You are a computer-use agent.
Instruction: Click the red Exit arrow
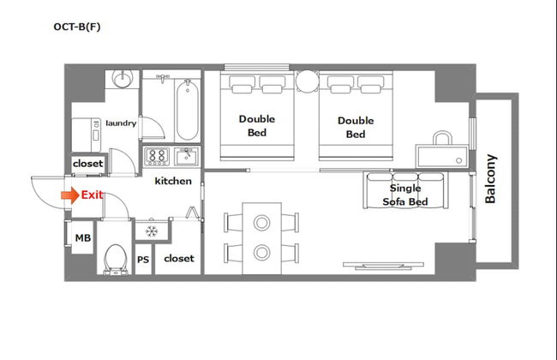(x=70, y=195)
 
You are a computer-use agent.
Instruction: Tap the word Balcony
(x=490, y=179)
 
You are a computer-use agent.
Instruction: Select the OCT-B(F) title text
(x=77, y=27)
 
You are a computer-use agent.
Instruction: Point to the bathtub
(x=187, y=111)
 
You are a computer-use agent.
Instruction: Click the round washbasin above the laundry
(x=123, y=78)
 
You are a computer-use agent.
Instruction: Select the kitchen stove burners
(x=157, y=156)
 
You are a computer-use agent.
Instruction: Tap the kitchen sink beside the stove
(x=186, y=156)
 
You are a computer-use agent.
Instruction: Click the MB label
(x=83, y=237)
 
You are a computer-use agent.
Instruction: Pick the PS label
(x=143, y=260)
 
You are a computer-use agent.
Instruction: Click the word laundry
(x=121, y=123)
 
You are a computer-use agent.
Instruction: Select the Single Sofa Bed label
(x=405, y=195)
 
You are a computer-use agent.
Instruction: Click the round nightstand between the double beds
(x=308, y=81)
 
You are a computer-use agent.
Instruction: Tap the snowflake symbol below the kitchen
(x=152, y=231)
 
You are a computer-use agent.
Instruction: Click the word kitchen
(x=173, y=181)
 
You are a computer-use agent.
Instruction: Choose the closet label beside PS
(x=179, y=258)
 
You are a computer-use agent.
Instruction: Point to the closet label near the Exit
(x=87, y=164)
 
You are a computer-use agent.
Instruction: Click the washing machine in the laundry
(x=87, y=135)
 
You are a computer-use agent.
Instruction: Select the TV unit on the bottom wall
(x=383, y=265)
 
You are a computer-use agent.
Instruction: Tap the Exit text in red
(x=92, y=195)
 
